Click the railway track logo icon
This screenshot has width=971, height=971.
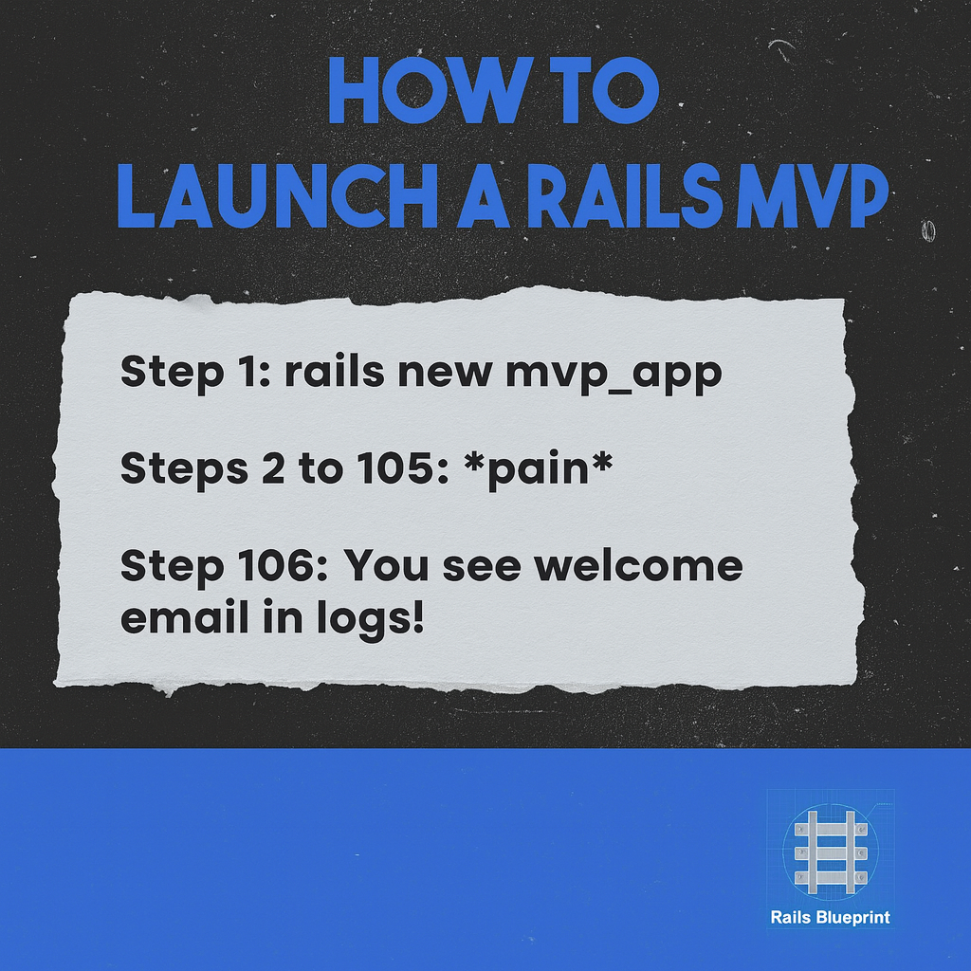point(831,851)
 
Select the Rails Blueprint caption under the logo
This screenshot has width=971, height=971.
point(831,917)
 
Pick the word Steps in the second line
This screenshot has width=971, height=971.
point(181,469)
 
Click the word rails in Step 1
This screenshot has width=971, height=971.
point(334,372)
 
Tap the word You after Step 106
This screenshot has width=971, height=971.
point(381,567)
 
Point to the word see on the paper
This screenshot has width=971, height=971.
point(483,567)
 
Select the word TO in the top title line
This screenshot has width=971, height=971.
point(603,91)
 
